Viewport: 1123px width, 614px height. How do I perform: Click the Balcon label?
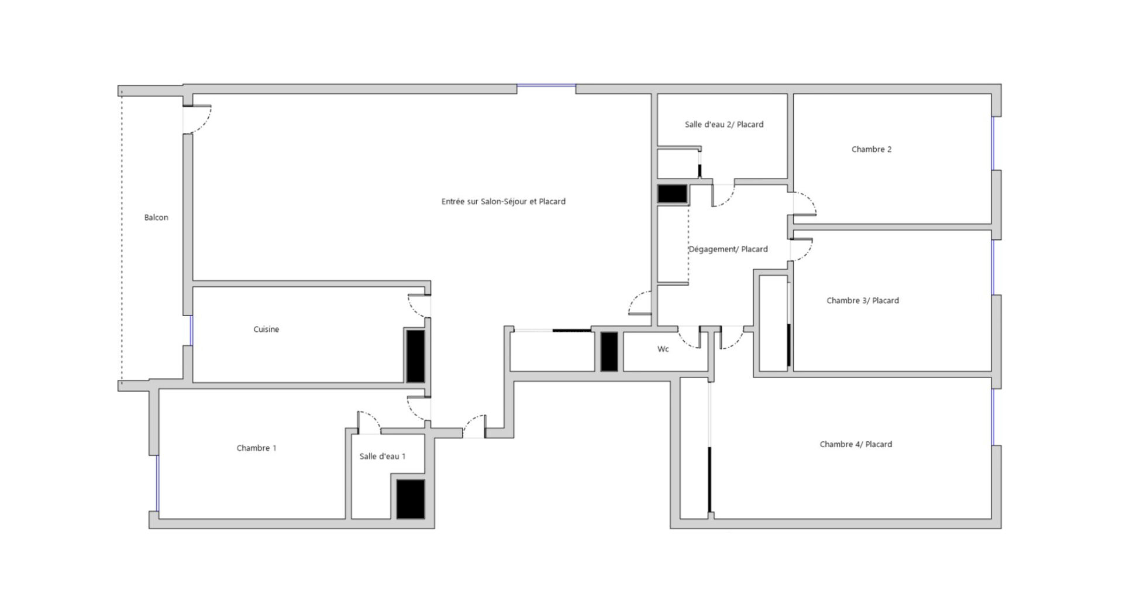coord(156,218)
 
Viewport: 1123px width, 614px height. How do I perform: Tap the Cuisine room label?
coord(266,330)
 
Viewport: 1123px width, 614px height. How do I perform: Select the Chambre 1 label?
coord(256,448)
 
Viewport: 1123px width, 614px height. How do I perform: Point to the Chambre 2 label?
coord(871,149)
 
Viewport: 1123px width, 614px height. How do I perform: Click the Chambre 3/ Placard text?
coord(863,301)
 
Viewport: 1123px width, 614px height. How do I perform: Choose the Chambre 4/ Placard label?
coord(856,444)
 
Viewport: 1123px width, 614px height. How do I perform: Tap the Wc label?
coord(663,349)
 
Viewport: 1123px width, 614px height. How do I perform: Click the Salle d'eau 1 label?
coord(383,457)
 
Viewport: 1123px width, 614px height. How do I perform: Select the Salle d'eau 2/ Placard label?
coord(724,125)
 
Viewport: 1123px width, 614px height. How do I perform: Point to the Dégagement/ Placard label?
coord(728,249)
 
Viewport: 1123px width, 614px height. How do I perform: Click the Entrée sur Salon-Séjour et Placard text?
coord(504,201)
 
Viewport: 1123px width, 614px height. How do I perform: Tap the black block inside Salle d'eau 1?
coord(411,499)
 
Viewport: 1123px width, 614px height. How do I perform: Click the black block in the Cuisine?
coord(415,356)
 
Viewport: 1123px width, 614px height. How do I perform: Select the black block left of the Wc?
coord(609,352)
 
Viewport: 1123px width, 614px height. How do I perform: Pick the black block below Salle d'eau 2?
coord(672,194)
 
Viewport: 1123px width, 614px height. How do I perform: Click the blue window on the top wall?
coord(546,86)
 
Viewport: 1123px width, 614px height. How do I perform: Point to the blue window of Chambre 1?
coord(157,483)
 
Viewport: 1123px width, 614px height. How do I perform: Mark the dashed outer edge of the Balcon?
coord(122,238)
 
